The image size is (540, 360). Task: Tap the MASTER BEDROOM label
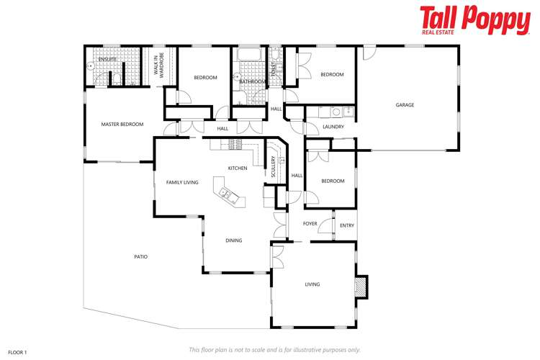point(122,125)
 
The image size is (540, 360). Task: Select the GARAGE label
point(405,105)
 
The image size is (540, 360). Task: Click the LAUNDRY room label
point(333,127)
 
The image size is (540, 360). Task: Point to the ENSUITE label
point(107,59)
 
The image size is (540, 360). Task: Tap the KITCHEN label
point(238,168)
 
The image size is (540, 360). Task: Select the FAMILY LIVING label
point(182,183)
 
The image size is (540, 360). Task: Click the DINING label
point(233,240)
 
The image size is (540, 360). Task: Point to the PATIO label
point(140,256)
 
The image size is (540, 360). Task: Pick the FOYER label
point(310,224)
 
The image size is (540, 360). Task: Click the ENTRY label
point(346,225)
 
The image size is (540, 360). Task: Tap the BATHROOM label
point(252,82)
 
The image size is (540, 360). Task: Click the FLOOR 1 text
point(17,352)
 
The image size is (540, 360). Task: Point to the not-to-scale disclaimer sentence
point(274,349)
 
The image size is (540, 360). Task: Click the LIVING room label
point(312,284)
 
